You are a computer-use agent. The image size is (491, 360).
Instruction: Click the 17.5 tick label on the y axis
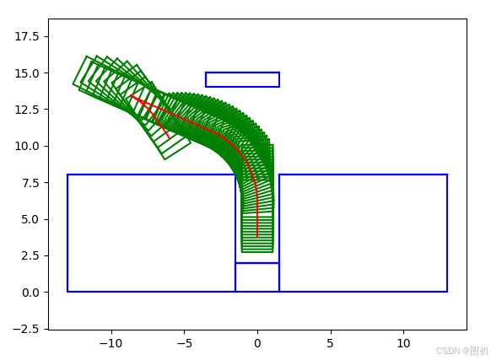coord(27,36)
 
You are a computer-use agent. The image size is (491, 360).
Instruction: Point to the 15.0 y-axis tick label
coord(27,73)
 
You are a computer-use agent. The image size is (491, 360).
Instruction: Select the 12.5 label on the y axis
coord(27,110)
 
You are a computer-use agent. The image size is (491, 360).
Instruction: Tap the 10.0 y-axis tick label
coord(27,146)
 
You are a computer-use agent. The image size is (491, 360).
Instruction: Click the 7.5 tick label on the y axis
coord(30,183)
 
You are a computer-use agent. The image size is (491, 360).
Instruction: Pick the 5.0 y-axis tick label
coord(30,219)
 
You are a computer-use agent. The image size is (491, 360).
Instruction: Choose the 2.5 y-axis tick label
coord(30,255)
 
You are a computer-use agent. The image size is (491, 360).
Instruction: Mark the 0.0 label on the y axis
coord(30,293)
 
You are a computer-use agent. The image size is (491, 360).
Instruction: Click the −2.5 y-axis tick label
coord(26,329)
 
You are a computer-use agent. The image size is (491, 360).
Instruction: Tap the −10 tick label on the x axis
coord(111,343)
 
